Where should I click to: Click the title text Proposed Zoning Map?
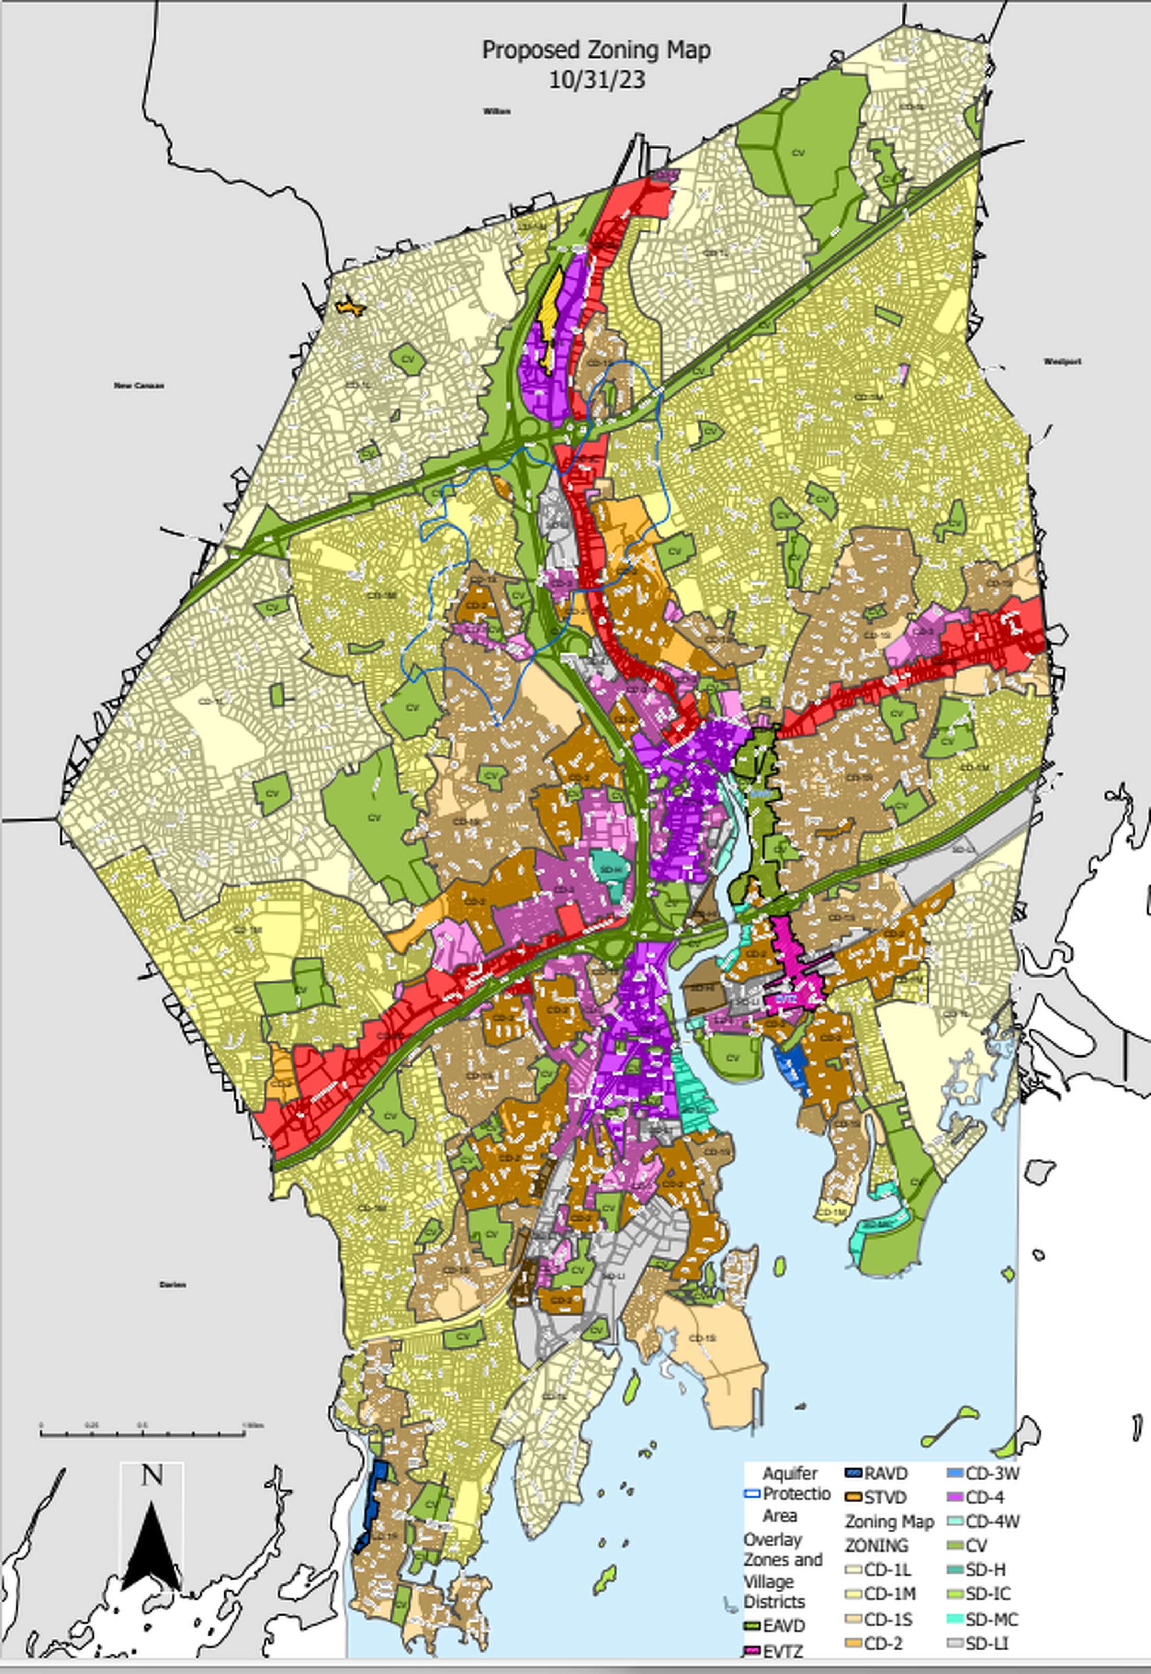(x=596, y=50)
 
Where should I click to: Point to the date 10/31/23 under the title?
(x=596, y=80)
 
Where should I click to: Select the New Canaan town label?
(x=139, y=386)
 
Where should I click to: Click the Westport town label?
(x=1062, y=362)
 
